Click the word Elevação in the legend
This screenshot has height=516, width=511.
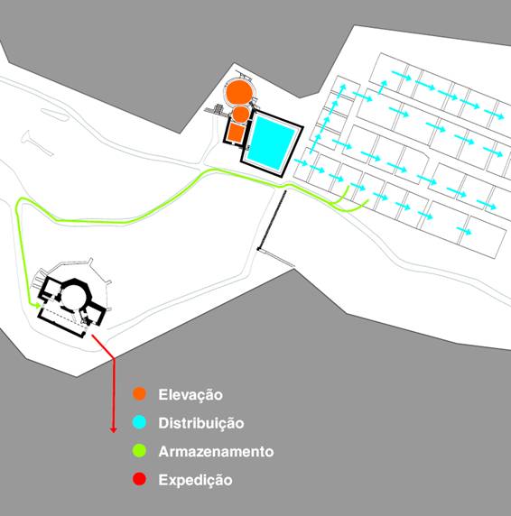(x=190, y=394)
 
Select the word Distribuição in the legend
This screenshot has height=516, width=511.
(x=201, y=423)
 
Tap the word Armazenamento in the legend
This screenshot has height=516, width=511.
(x=216, y=451)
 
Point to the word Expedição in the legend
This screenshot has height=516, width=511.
(x=195, y=480)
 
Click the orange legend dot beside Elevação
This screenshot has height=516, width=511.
(x=139, y=393)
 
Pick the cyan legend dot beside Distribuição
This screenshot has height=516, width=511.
(x=139, y=422)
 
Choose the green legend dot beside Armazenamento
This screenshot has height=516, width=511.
(x=139, y=450)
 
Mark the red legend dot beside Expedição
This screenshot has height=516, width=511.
(x=139, y=479)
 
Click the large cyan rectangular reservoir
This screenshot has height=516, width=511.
(x=272, y=142)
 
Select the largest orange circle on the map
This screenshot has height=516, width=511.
(x=239, y=92)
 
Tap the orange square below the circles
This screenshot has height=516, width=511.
(x=236, y=132)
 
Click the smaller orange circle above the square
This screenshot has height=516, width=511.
(x=241, y=115)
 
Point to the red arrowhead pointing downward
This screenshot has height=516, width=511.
(x=113, y=429)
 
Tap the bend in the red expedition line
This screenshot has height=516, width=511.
(x=114, y=358)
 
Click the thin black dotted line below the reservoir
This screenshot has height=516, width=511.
(x=272, y=220)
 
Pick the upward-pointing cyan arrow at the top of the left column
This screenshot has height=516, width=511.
(x=343, y=89)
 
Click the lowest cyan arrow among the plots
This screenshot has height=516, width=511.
(x=464, y=231)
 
